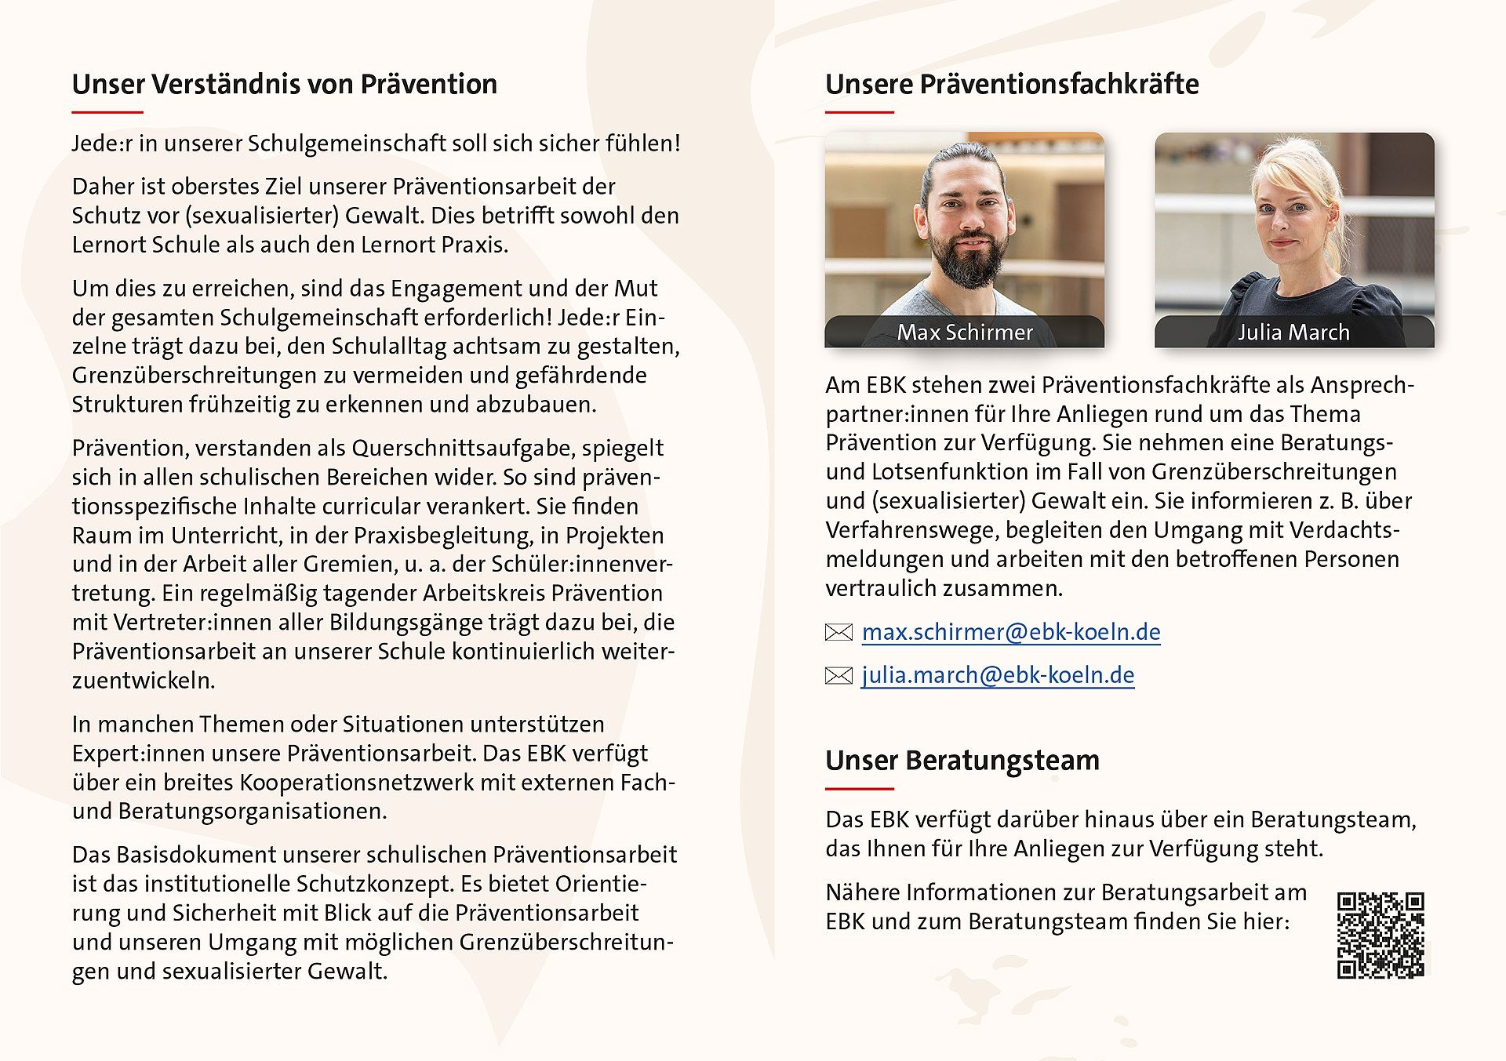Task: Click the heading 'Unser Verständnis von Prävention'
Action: tap(284, 85)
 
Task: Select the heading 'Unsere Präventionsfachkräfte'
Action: tap(1012, 85)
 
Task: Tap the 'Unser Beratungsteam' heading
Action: tap(962, 761)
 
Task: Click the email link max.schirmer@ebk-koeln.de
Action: tap(1010, 632)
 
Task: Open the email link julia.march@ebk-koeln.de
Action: tap(998, 675)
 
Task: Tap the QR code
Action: tap(1380, 935)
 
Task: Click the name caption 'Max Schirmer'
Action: tap(965, 332)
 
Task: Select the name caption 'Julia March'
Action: tap(1293, 332)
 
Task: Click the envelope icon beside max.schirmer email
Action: tap(838, 632)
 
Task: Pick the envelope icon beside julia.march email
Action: tap(838, 675)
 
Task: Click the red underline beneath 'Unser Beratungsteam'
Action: tap(859, 788)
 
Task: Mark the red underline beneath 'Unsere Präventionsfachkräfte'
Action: tap(859, 112)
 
